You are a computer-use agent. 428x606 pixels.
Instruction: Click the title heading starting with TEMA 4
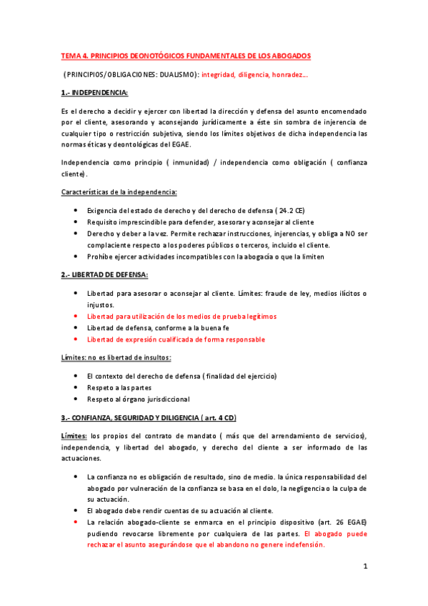[x=186, y=55]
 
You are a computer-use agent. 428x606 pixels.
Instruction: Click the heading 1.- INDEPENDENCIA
[x=94, y=93]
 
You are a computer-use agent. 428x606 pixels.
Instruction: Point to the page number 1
[x=364, y=567]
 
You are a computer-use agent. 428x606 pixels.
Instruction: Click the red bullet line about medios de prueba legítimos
[x=181, y=316]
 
